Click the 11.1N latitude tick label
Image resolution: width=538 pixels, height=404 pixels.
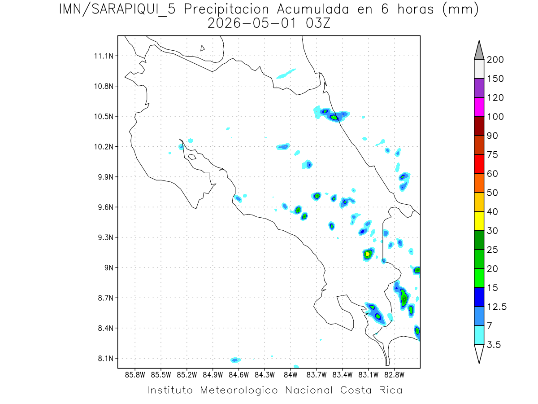click(102, 56)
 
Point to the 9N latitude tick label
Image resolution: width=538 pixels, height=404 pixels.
click(106, 268)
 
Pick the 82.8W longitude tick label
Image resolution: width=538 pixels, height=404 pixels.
click(394, 374)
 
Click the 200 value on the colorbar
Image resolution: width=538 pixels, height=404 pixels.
click(495, 60)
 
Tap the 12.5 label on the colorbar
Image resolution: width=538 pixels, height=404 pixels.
click(496, 307)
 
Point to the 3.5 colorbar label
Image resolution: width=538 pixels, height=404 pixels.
click(494, 345)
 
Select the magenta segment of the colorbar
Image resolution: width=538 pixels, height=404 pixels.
click(479, 107)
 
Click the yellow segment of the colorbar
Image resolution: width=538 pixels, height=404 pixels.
click(479, 220)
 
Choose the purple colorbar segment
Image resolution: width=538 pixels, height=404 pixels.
click(479, 88)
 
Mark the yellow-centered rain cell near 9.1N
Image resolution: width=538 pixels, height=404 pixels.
click(368, 254)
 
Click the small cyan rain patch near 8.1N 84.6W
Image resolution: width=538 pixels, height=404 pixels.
click(235, 360)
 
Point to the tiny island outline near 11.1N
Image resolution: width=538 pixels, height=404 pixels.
click(203, 48)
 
